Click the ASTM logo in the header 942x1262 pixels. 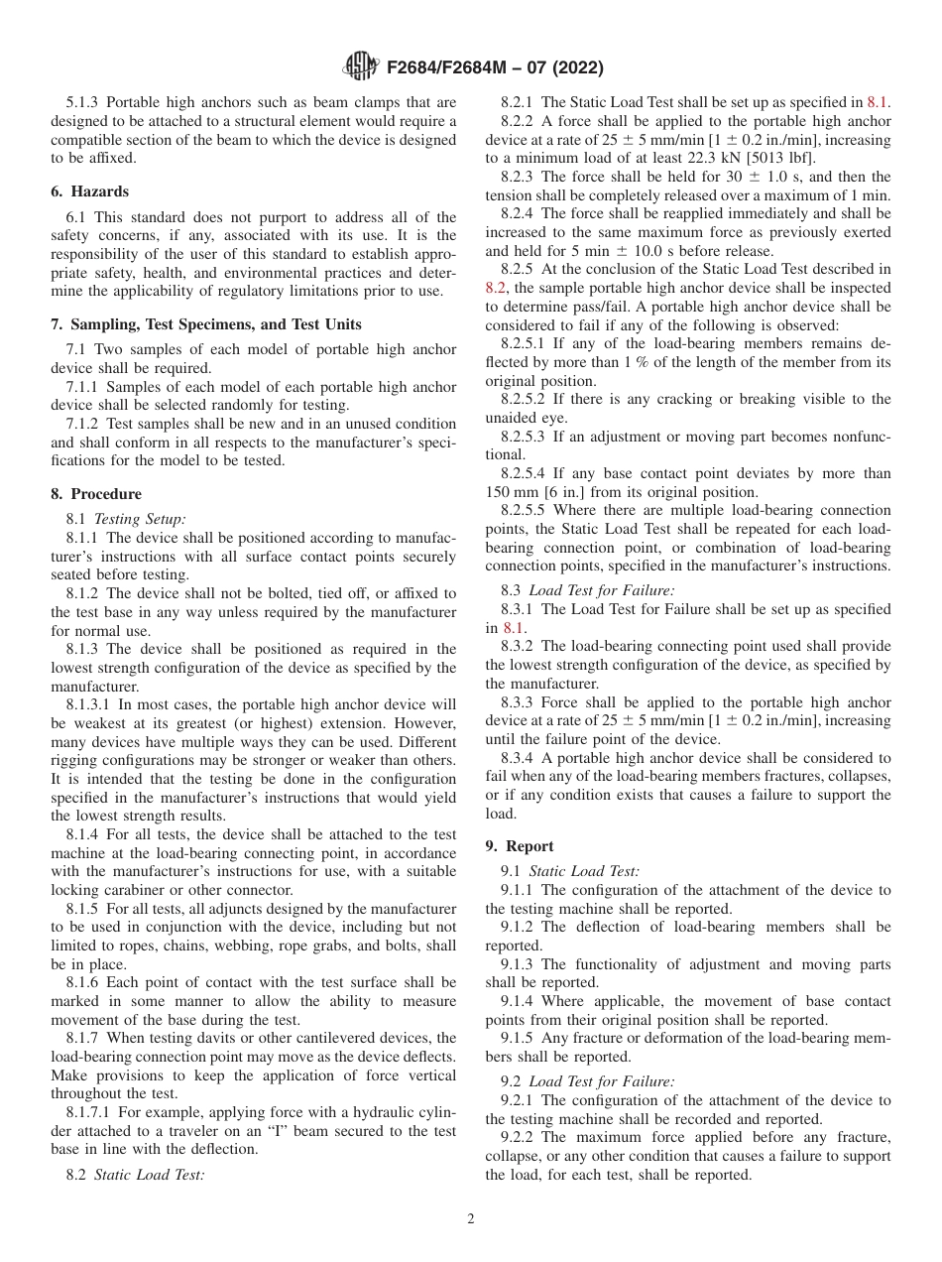359,67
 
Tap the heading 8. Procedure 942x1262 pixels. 96,494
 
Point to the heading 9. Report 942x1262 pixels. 520,846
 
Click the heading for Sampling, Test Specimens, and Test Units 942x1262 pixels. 205,324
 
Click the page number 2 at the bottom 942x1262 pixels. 471,1219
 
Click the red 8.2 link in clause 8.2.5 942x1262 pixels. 497,288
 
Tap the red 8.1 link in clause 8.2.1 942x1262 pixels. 878,101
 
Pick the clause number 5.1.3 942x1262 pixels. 83,101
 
